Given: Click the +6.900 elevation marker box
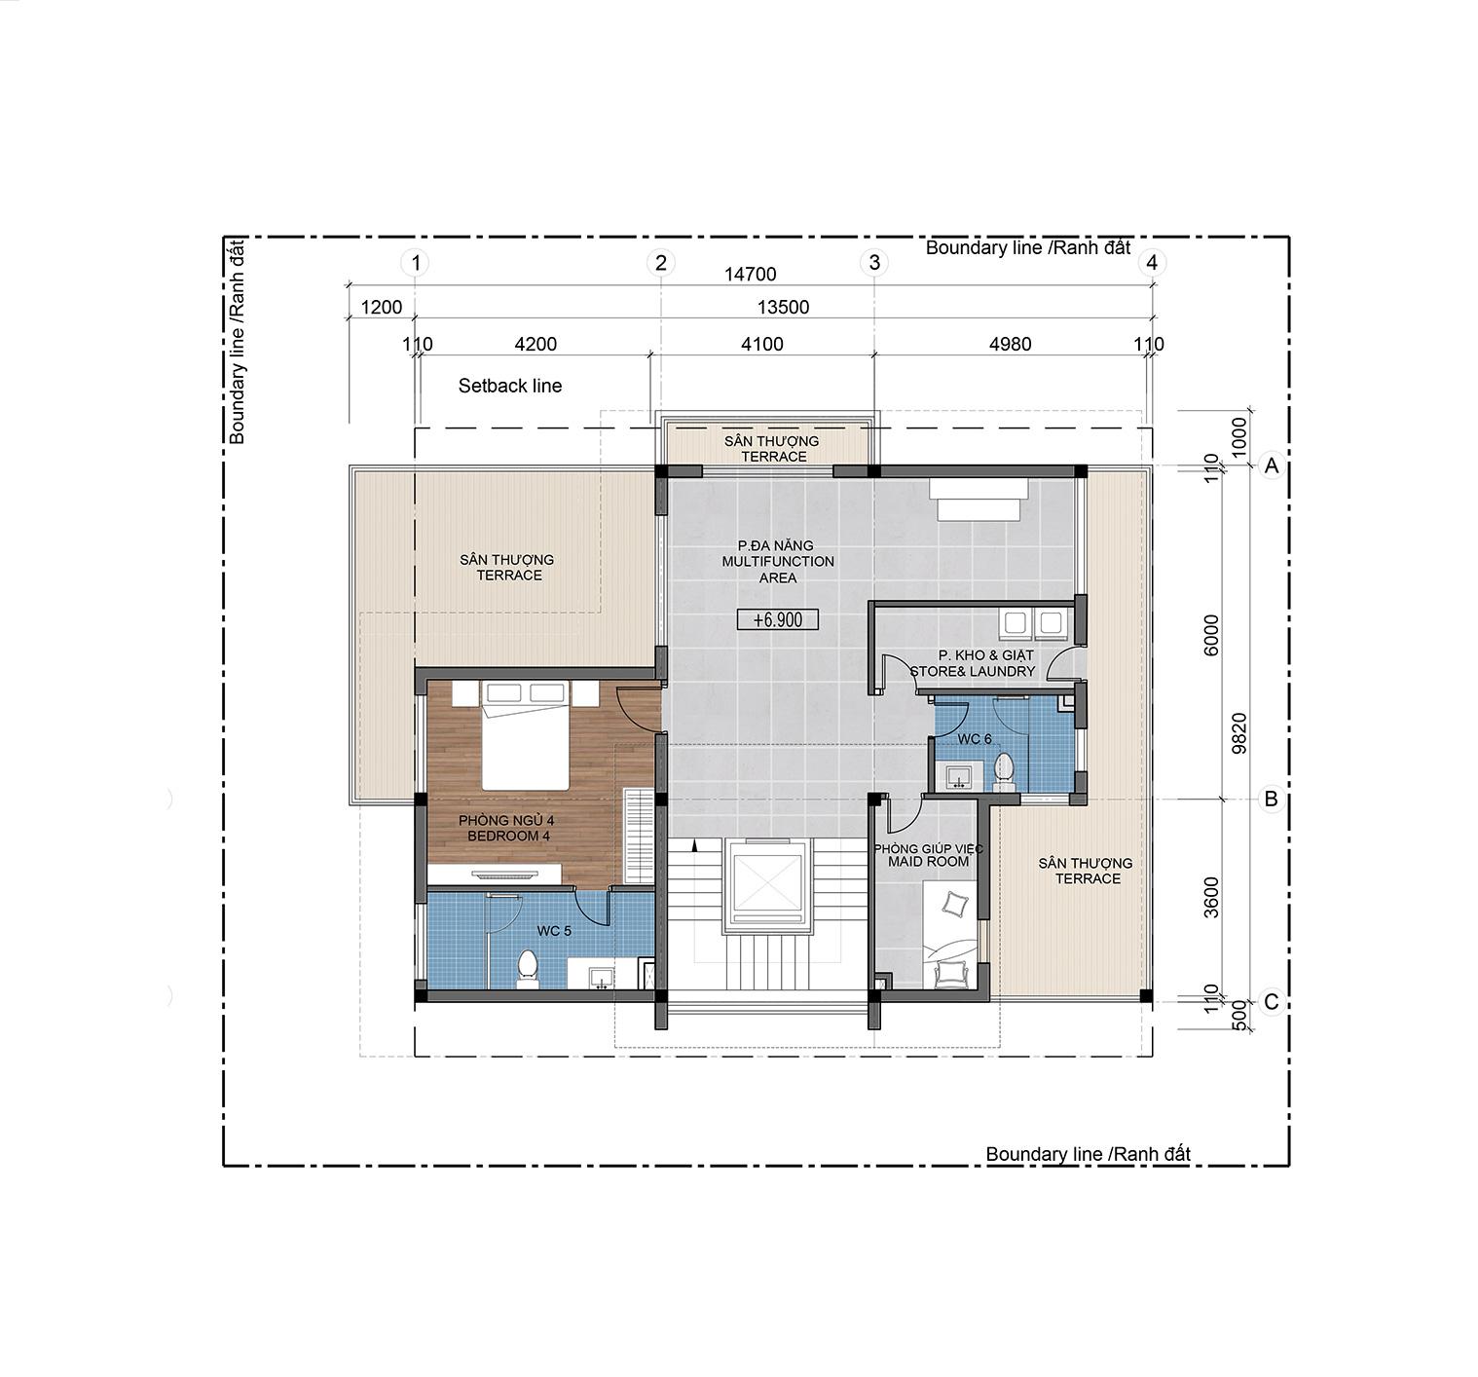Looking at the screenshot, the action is (777, 619).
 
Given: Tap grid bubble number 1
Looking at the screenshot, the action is (416, 263).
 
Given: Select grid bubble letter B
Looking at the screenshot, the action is (1272, 800).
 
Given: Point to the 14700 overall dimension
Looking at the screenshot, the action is (750, 274).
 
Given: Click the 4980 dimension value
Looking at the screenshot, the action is (1010, 344).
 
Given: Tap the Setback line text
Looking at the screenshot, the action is (510, 386).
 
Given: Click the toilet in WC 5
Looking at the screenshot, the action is (528, 968).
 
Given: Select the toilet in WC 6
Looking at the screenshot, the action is (1004, 771).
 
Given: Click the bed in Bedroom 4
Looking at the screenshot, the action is (526, 735).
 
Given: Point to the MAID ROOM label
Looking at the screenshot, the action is (928, 862).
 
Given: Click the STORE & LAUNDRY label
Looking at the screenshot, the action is (972, 671).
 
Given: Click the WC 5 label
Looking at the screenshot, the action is (554, 931).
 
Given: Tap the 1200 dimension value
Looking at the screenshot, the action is (381, 307).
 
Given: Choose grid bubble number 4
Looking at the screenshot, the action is (1152, 263).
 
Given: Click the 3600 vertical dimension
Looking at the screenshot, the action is (1211, 898).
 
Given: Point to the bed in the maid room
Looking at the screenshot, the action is (949, 936).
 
